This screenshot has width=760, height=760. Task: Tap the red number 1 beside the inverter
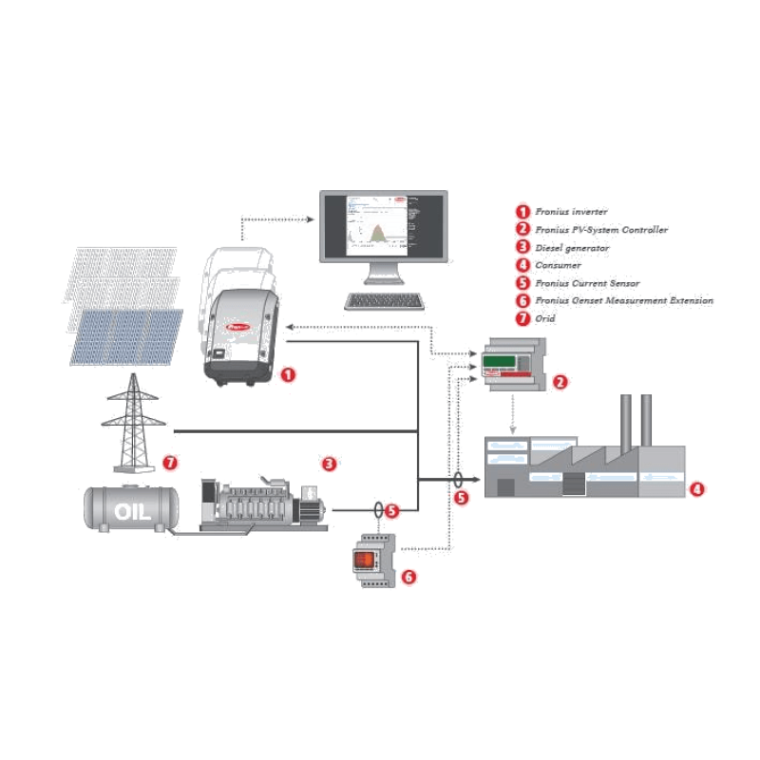click(x=289, y=375)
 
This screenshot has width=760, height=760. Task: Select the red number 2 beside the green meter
click(x=560, y=382)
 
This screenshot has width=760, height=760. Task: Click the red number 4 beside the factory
click(x=697, y=490)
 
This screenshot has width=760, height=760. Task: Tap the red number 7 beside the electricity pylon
click(x=170, y=464)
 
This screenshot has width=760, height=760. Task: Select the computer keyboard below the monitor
click(x=384, y=301)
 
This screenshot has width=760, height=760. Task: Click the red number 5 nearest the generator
click(x=393, y=511)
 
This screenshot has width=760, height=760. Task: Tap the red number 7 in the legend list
click(x=522, y=319)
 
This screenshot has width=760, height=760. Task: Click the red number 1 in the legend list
click(x=522, y=211)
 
